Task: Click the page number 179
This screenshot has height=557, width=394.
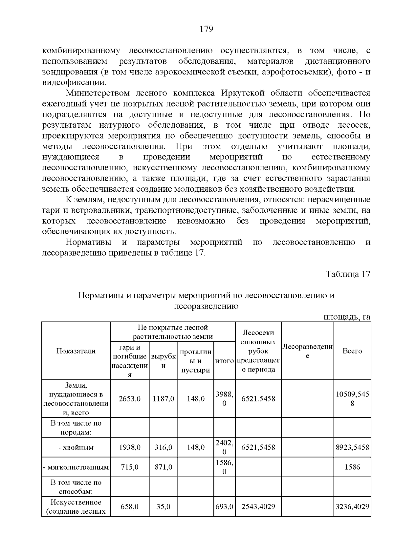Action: click(207, 29)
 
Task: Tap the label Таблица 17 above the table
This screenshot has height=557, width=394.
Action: click(348, 274)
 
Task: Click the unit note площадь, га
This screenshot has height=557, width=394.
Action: click(347, 317)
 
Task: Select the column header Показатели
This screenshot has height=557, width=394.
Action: click(76, 351)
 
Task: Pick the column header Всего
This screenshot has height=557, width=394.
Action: click(352, 351)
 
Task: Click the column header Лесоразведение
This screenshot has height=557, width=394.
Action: click(307, 351)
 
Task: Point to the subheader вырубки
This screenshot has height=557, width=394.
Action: click(163, 361)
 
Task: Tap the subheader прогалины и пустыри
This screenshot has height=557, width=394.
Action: click(195, 361)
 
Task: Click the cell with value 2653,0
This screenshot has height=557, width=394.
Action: click(130, 399)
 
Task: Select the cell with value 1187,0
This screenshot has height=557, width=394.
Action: click(163, 399)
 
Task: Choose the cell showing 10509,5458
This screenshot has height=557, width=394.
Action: click(352, 399)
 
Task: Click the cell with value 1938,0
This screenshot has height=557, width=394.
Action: click(130, 447)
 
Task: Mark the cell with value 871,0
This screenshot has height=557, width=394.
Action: click(163, 467)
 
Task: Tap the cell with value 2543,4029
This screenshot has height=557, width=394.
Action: click(258, 506)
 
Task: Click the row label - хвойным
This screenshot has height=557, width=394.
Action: click(76, 447)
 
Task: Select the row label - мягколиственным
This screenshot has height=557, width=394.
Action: click(76, 467)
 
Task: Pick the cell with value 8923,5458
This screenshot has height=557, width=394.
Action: click(352, 447)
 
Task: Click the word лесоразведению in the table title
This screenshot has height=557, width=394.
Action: click(206, 306)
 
